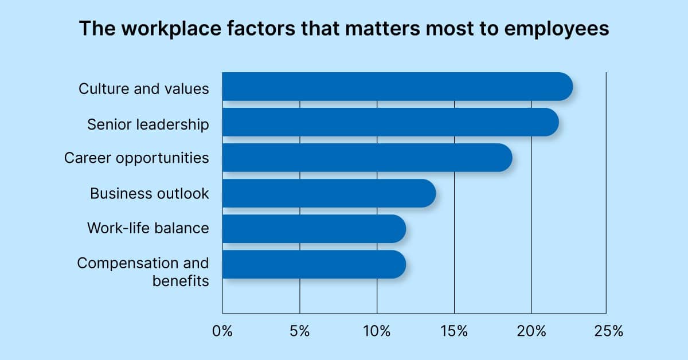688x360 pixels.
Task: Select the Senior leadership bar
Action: coord(390,122)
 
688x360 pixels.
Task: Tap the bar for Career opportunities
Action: coord(367,158)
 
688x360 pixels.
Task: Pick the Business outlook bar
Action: coord(329,193)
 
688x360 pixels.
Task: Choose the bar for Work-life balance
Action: coord(314,229)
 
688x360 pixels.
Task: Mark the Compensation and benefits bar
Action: coord(314,264)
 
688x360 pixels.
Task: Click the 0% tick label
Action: coord(222,331)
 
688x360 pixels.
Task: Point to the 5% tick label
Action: coord(299,331)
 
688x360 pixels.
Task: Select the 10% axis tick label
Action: coord(377,331)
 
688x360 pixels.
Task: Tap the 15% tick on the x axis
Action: coord(454,331)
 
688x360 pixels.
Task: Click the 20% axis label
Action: coord(531,331)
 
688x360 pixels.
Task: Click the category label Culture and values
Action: coord(143,89)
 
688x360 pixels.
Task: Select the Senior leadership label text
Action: coord(148,124)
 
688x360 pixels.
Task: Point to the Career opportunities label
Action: coord(136,158)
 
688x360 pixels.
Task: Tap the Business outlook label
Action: coord(149,193)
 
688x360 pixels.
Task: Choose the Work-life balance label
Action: coord(148,228)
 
